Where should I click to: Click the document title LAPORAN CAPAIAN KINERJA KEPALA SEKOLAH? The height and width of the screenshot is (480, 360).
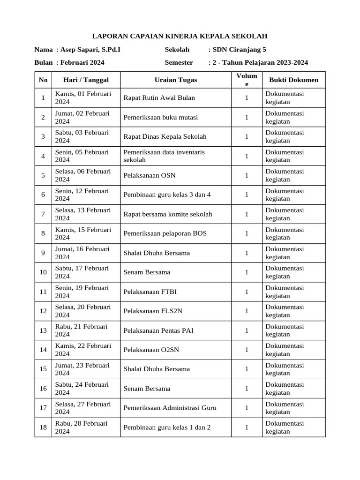pyautogui.click(x=180, y=36)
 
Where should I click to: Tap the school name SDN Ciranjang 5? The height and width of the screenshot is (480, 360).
pyautogui.click(x=239, y=50)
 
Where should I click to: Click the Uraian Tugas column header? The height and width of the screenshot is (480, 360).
pyautogui.click(x=176, y=80)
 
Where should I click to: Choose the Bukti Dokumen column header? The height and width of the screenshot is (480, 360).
pyautogui.click(x=293, y=80)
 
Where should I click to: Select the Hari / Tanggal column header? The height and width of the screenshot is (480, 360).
pyautogui.click(x=86, y=80)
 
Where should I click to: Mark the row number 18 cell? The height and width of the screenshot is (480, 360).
pyautogui.click(x=43, y=427)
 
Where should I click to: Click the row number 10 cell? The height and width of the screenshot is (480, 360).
pyautogui.click(x=43, y=272)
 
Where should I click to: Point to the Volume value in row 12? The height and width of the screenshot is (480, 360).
pyautogui.click(x=247, y=311)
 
